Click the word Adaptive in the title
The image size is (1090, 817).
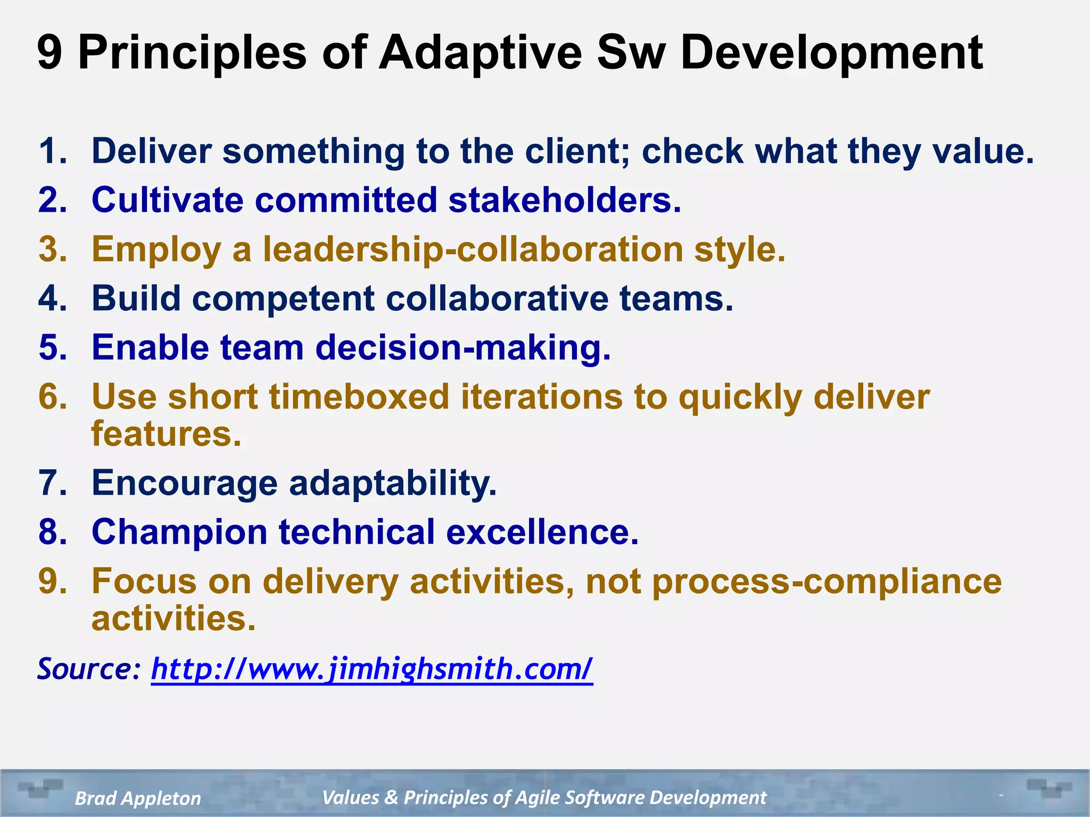pos(480,53)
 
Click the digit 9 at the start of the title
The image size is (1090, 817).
pos(49,53)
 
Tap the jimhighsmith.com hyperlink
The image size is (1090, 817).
pos(371,669)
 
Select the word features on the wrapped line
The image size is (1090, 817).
pos(166,434)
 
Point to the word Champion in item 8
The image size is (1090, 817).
pos(179,532)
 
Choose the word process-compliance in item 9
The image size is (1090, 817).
pos(827,581)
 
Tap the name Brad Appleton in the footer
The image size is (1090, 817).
pos(138,798)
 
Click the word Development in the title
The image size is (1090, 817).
pos(831,53)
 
